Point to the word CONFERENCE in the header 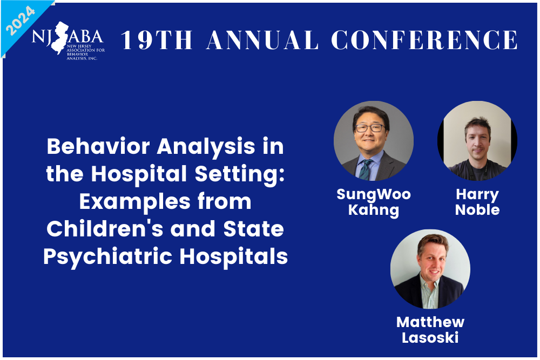pos(424,40)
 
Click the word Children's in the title pos(103,229)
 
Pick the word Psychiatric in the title pos(107,256)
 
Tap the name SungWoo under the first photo pos(373,194)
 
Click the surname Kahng pos(373,209)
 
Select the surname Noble pos(477,209)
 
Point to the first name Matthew pos(430,322)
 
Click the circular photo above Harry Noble pos(477,141)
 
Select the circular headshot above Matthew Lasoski pos(430,269)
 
